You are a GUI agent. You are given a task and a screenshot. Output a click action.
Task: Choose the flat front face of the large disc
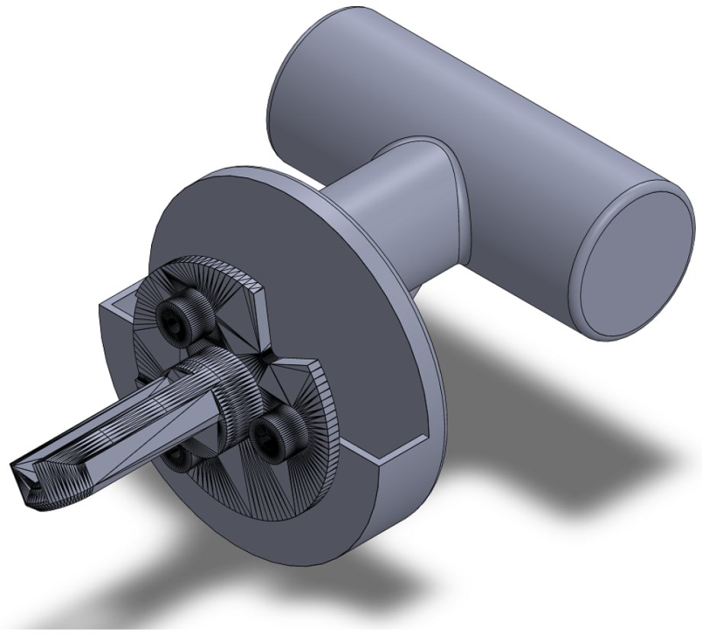tap(359, 321)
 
